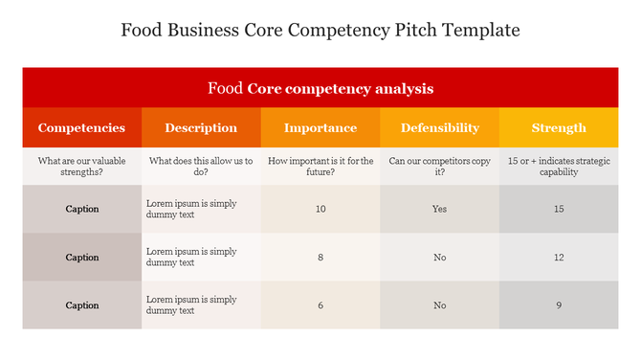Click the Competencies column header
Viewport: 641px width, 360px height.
coord(81,128)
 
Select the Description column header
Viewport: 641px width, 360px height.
coord(201,128)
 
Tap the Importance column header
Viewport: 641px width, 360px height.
coord(320,128)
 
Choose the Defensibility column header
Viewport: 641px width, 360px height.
coord(440,128)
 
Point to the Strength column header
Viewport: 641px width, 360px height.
coord(559,128)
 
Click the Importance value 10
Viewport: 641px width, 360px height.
coord(320,209)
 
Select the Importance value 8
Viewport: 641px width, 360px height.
coord(320,258)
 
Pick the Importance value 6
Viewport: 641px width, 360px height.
coord(320,305)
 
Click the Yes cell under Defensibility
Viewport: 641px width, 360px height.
coord(440,209)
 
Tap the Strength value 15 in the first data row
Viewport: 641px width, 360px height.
coord(559,209)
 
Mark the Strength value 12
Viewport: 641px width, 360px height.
coord(559,258)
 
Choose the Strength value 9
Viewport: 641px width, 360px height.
coord(559,305)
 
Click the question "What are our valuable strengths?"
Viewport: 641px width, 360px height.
coord(81,167)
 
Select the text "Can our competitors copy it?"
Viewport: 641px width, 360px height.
coord(440,167)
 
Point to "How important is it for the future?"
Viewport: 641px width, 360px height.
coord(320,167)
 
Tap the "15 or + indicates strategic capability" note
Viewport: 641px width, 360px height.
coord(559,167)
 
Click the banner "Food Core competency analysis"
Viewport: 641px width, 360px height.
coord(320,89)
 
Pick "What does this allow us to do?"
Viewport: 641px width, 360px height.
coord(201,167)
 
